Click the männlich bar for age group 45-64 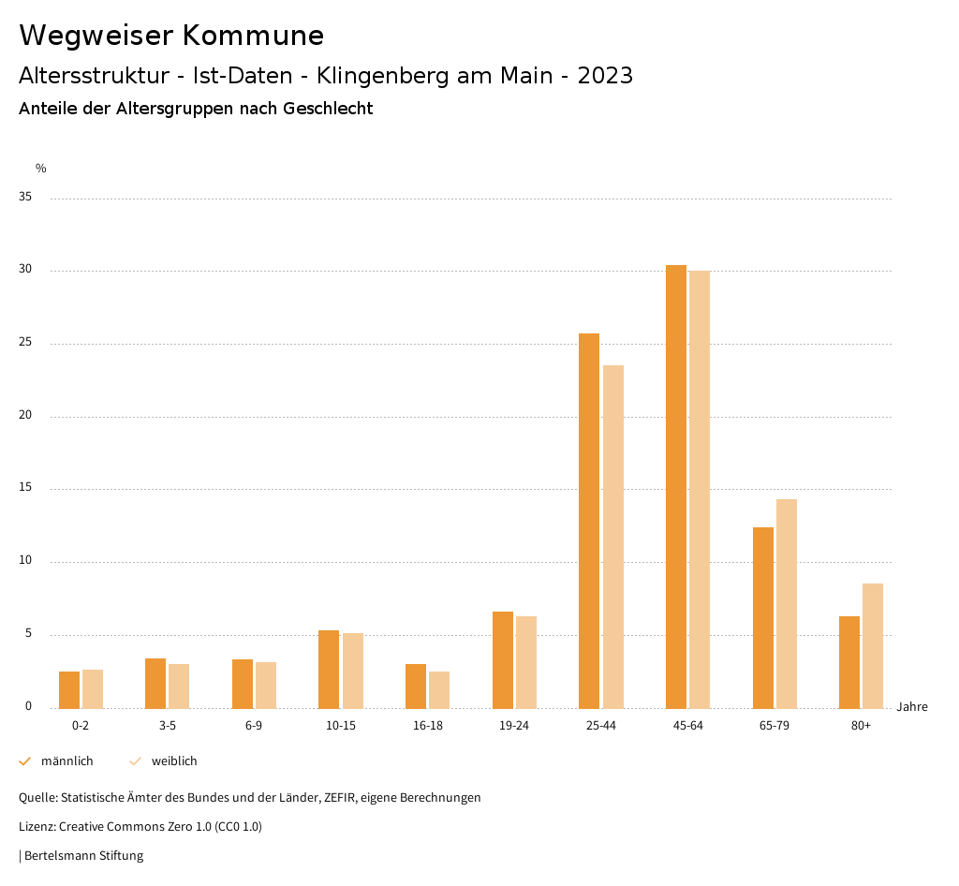pos(675,487)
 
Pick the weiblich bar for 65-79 pos(787,604)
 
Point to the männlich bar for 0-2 pos(69,690)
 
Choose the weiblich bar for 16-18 pos(439,690)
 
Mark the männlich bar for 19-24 pos(503,660)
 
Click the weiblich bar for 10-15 pos(352,671)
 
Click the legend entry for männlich pos(66,761)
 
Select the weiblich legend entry pos(174,761)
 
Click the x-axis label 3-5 pos(168,726)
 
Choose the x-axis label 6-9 pos(254,726)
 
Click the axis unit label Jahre pos(911,707)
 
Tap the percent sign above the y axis pos(41,169)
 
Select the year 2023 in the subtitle pos(605,76)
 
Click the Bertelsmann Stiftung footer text pos(83,856)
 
